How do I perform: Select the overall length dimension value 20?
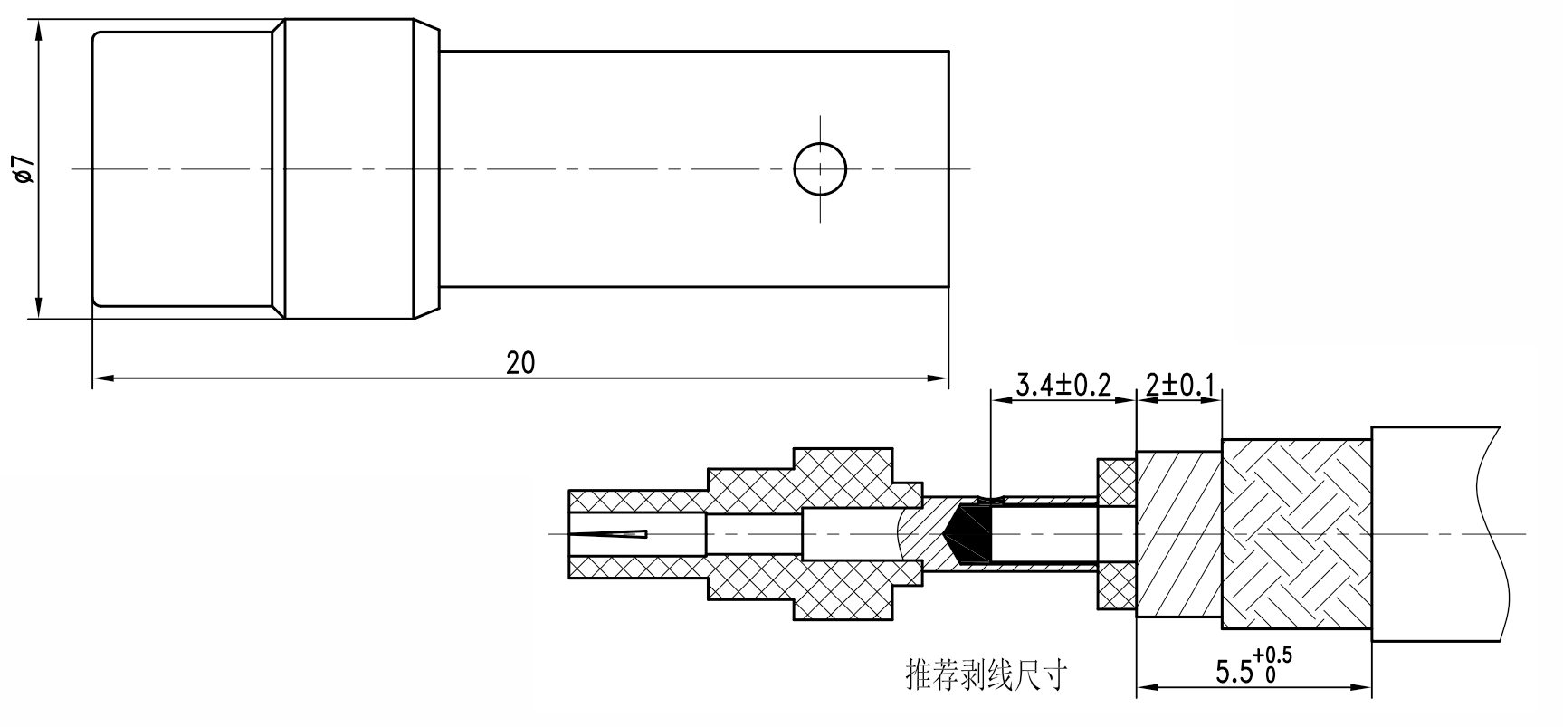[520, 363]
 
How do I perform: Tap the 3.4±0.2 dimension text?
[1063, 385]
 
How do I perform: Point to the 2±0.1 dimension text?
[1180, 385]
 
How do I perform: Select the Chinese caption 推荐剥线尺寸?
[986, 674]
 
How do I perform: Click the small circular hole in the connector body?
[820, 169]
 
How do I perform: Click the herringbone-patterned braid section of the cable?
[1296, 534]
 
